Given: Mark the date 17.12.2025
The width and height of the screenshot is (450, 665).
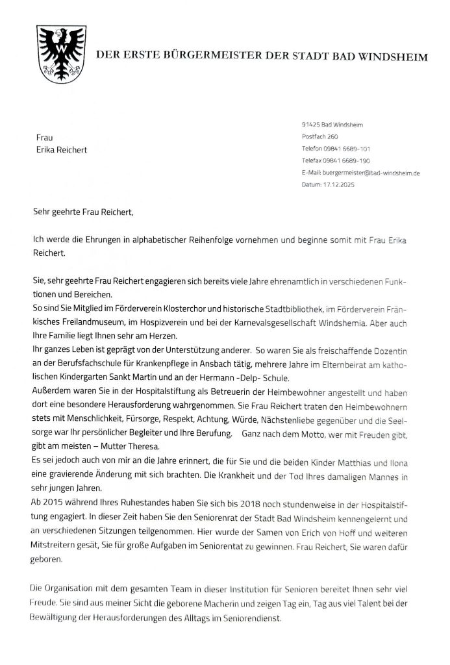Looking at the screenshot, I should pos(357,185).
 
